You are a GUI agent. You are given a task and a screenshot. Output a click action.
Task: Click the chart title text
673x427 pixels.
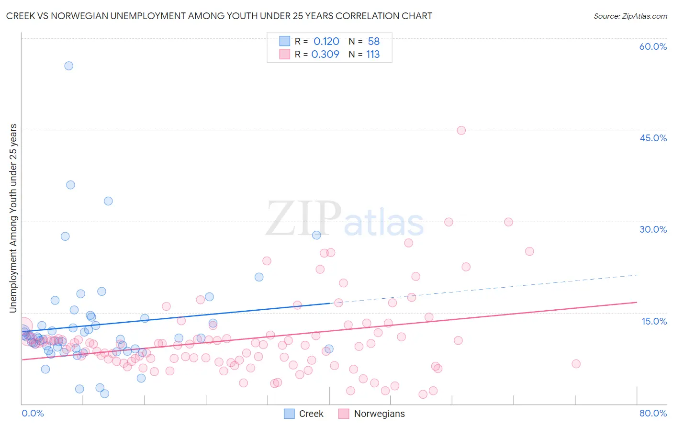219,16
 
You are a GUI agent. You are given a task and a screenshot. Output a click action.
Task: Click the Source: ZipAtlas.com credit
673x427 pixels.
630,16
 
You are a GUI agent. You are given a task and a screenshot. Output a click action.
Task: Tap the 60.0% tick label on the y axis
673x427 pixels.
653,46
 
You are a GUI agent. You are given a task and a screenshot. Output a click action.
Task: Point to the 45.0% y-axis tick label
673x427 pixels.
653,138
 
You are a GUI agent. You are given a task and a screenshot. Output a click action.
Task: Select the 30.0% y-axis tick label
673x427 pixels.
653,229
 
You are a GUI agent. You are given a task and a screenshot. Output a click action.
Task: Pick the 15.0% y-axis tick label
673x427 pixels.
654,321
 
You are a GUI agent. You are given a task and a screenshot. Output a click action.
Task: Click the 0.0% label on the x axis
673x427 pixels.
33,413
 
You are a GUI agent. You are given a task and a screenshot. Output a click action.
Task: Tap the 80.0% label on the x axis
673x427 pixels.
653,413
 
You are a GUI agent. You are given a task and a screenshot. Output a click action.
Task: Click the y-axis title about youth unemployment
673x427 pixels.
13,218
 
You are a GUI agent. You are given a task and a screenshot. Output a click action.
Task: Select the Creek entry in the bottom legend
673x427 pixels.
311,414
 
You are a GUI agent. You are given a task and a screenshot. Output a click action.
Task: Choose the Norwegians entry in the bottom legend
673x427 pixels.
379,414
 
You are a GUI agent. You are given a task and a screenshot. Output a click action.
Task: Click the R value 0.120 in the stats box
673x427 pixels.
326,42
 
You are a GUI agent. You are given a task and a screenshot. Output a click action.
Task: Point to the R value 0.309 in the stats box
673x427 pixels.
325,54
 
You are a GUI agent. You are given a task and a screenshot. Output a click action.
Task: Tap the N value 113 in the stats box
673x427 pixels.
373,54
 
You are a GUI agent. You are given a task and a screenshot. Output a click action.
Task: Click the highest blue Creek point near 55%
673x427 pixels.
68,66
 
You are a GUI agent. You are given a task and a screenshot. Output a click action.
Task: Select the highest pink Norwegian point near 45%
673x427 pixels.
461,130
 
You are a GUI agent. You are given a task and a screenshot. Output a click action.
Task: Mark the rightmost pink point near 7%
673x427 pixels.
576,364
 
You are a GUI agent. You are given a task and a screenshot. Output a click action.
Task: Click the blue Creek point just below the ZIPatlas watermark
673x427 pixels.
316,235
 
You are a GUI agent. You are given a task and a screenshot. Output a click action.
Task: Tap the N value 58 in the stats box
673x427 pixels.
373,42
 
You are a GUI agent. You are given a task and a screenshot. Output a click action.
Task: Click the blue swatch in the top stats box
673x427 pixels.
284,41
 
